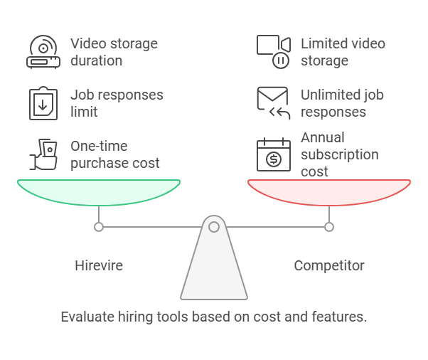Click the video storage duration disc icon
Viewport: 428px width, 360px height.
[43, 52]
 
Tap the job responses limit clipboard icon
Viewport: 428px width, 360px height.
[43, 103]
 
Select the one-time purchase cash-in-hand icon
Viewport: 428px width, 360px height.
[43, 154]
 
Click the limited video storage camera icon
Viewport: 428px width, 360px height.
[273, 52]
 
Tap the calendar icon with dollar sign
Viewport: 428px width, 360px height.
[273, 154]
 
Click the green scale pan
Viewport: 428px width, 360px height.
[99, 193]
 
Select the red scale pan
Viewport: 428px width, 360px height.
[329, 193]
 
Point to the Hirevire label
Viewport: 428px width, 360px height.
[99, 266]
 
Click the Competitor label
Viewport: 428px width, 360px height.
[329, 266]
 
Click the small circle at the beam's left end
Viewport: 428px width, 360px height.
[99, 227]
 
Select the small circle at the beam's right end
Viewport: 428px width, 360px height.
[329, 227]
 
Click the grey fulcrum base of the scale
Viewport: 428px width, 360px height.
[214, 270]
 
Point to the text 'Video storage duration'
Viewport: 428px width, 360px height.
[114, 52]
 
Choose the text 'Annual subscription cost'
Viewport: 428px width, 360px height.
[340, 154]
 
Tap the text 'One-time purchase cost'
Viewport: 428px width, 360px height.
[115, 154]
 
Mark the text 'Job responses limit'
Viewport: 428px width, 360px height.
[117, 103]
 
